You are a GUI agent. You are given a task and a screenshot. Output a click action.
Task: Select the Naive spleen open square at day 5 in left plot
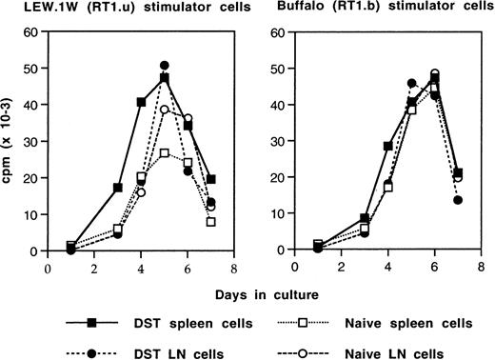165,153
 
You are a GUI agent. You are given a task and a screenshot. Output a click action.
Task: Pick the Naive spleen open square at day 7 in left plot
210,222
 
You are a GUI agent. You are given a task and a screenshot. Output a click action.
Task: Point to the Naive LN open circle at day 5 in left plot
165,110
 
